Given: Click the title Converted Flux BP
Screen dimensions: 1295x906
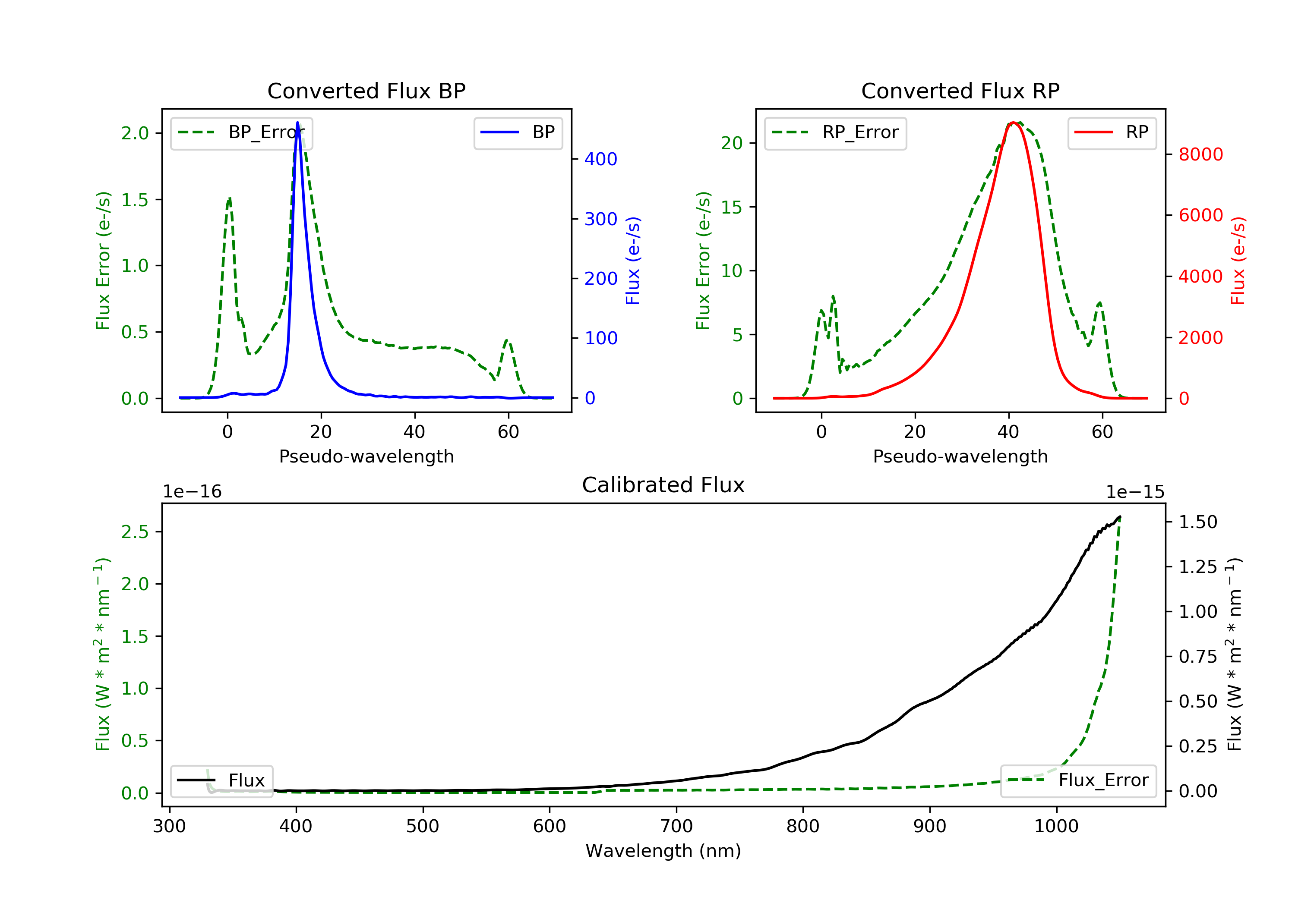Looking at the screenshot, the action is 366,91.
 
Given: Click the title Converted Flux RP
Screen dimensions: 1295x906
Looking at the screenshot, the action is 960,91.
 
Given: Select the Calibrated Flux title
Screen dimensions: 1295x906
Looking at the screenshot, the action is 663,485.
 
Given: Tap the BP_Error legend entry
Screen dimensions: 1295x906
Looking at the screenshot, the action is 241,132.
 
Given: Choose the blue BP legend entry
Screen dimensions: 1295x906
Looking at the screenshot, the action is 518,132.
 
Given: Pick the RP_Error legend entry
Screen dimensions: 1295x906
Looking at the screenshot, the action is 835,132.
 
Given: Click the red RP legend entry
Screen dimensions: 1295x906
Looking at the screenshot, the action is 1112,132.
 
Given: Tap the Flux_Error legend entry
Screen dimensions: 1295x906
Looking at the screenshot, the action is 1078,780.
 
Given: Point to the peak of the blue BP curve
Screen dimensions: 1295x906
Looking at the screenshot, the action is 297,123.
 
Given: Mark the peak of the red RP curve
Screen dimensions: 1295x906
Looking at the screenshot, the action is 1014,123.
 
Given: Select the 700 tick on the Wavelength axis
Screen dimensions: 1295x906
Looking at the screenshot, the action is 676,827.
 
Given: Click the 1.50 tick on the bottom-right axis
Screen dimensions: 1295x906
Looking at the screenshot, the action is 1198,522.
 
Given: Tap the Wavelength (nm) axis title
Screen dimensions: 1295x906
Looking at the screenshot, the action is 663,851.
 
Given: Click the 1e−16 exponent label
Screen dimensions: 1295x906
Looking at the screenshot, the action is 193,492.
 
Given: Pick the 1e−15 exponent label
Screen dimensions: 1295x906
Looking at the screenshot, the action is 1135,492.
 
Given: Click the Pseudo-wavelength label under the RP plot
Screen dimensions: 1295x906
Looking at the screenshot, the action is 960,456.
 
